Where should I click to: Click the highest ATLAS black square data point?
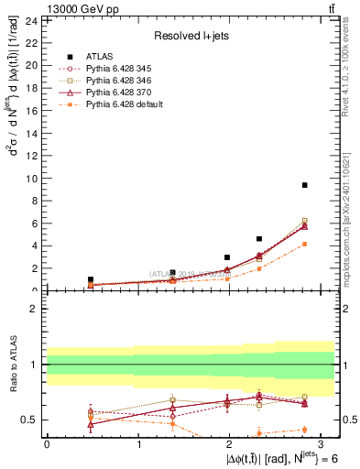point(304,185)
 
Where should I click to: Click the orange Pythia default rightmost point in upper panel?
point(304,244)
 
